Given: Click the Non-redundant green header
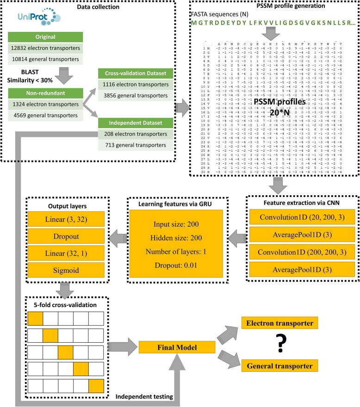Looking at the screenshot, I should click(44, 92).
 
